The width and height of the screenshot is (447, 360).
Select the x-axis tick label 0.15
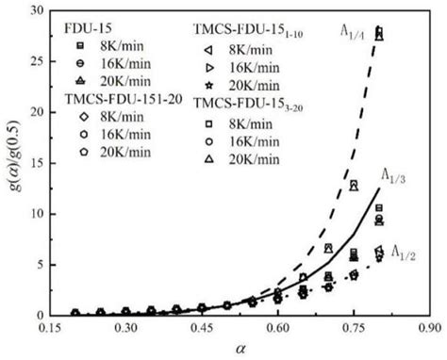[x=56, y=329]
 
